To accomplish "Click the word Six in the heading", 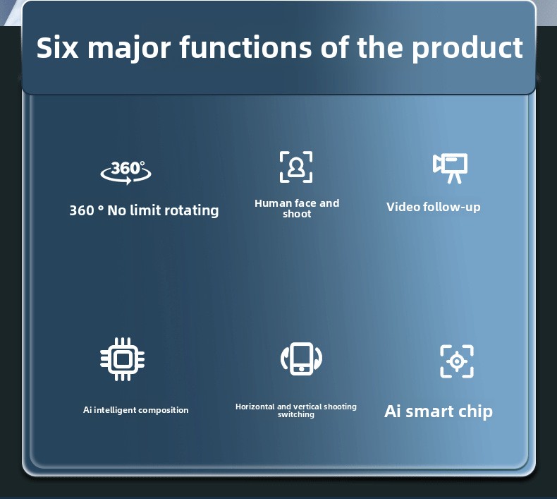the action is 57,47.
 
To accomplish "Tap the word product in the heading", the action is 467,48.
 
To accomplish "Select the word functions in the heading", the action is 245,47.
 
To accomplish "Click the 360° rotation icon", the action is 126,172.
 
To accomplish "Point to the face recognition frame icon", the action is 296,167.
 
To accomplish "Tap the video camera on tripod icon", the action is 450,168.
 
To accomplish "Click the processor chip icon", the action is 122,359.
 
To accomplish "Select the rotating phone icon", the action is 301,359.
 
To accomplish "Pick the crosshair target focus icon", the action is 457,361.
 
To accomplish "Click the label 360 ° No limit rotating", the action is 144,210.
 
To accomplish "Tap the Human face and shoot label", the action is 297,208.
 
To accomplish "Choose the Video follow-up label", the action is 434,207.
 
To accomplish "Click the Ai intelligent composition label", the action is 135,410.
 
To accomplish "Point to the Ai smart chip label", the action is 439,412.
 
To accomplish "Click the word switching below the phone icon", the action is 296,415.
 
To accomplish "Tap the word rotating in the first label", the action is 191,210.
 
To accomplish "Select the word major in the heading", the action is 129,49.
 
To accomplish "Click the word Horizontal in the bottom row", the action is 255,407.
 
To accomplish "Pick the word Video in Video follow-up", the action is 403,207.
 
